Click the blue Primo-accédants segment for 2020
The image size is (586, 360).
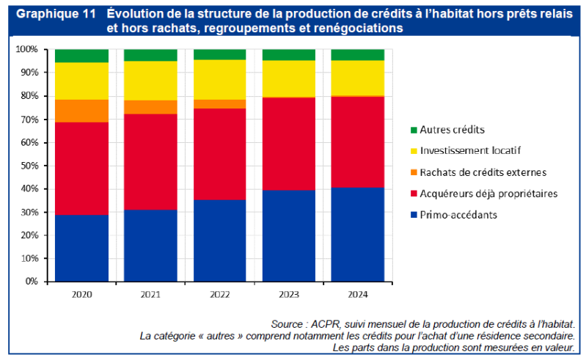pyautogui.click(x=81, y=248)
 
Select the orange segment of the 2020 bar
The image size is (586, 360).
pyautogui.click(x=81, y=111)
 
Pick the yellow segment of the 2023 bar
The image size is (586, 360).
pyautogui.click(x=289, y=78)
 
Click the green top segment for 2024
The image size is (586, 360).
pyautogui.click(x=358, y=54)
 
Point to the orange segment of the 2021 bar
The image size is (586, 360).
pyautogui.click(x=150, y=107)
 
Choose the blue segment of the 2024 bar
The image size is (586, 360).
pyautogui.click(x=358, y=234)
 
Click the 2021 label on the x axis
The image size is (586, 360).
pyautogui.click(x=150, y=295)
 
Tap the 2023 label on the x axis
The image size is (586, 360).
pyautogui.click(x=289, y=295)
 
